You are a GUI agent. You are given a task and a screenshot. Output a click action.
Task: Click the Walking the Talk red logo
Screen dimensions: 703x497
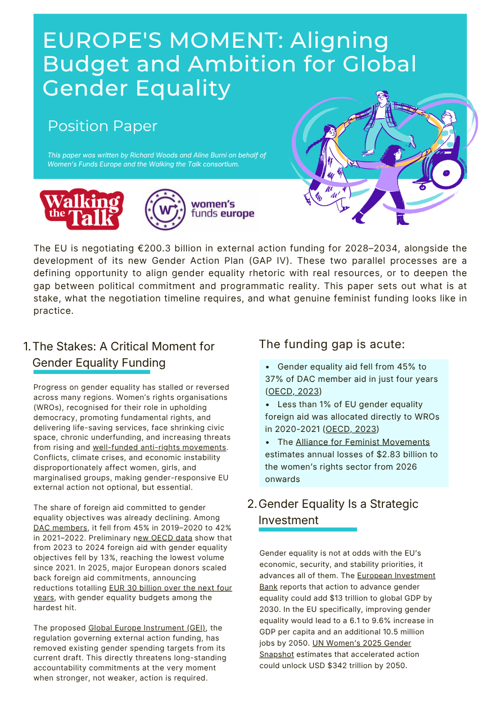click(82, 209)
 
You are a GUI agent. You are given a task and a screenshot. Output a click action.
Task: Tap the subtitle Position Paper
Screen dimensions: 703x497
click(102, 126)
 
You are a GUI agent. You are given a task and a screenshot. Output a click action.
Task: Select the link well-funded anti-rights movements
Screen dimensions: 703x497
click(159, 448)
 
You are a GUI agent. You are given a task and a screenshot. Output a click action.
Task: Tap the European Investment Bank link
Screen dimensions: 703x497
click(396, 576)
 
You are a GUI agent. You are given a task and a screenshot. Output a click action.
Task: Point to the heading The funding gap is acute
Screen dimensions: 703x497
click(332, 344)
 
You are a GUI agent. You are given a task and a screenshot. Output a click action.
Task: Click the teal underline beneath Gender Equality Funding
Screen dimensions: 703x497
click(91, 372)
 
